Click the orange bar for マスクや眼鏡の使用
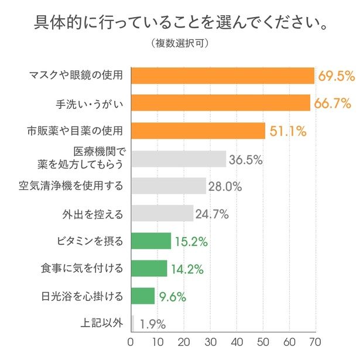point(223,76)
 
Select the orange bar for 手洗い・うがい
point(221,103)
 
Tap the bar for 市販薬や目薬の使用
point(198,131)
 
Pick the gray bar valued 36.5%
point(179,159)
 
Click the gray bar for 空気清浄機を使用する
point(169,186)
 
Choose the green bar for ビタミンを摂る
point(151,241)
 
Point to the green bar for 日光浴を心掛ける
point(143,296)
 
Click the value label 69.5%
point(337,76)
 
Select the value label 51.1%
point(288,131)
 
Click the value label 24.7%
point(212,214)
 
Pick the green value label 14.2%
point(187,269)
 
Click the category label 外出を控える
point(92,214)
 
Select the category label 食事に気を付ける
point(81,269)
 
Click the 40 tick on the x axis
point(236,341)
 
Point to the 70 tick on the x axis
point(316,341)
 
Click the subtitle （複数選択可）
point(180,44)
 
